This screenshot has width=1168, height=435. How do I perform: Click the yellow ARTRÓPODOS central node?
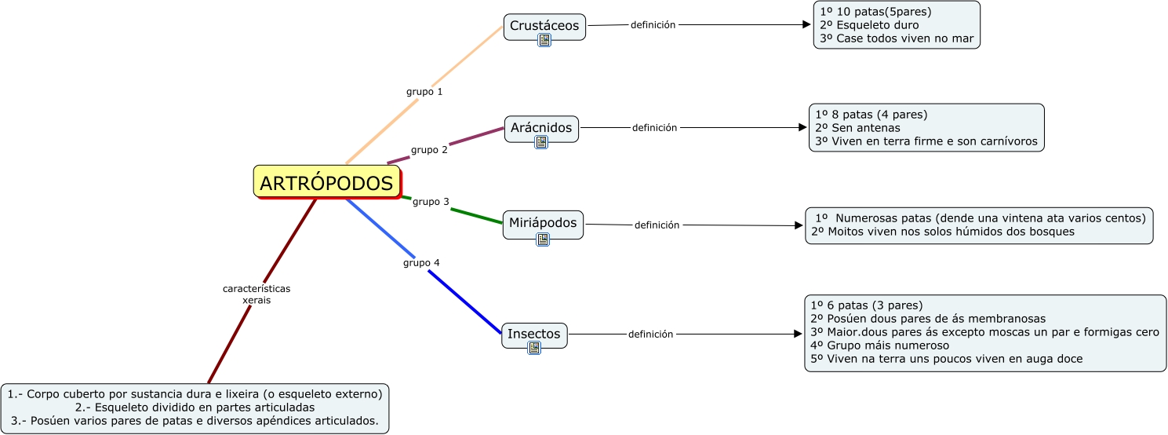326,182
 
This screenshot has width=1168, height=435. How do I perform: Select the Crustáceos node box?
544,26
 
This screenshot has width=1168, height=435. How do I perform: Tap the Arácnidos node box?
541,127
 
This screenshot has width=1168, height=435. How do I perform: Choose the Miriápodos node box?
542,222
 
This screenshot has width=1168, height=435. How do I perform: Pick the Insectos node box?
533,334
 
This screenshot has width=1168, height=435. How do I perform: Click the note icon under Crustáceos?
544,40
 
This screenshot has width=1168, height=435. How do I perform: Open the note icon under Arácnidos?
541,142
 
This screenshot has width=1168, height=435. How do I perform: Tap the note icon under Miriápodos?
543,239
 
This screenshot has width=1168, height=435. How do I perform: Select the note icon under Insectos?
534,348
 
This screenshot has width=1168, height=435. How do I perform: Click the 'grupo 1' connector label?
424,92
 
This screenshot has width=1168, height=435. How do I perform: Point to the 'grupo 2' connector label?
429,149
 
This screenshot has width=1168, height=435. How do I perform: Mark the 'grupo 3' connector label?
431,202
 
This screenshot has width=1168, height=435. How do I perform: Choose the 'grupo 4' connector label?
421,262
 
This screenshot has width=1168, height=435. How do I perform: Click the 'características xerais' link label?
257,294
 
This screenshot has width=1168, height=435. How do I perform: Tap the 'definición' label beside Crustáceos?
653,24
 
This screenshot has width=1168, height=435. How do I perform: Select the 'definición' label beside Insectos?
650,334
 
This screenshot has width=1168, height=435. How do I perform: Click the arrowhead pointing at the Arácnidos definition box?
802,127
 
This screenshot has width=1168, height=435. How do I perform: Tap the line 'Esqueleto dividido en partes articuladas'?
195,408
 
